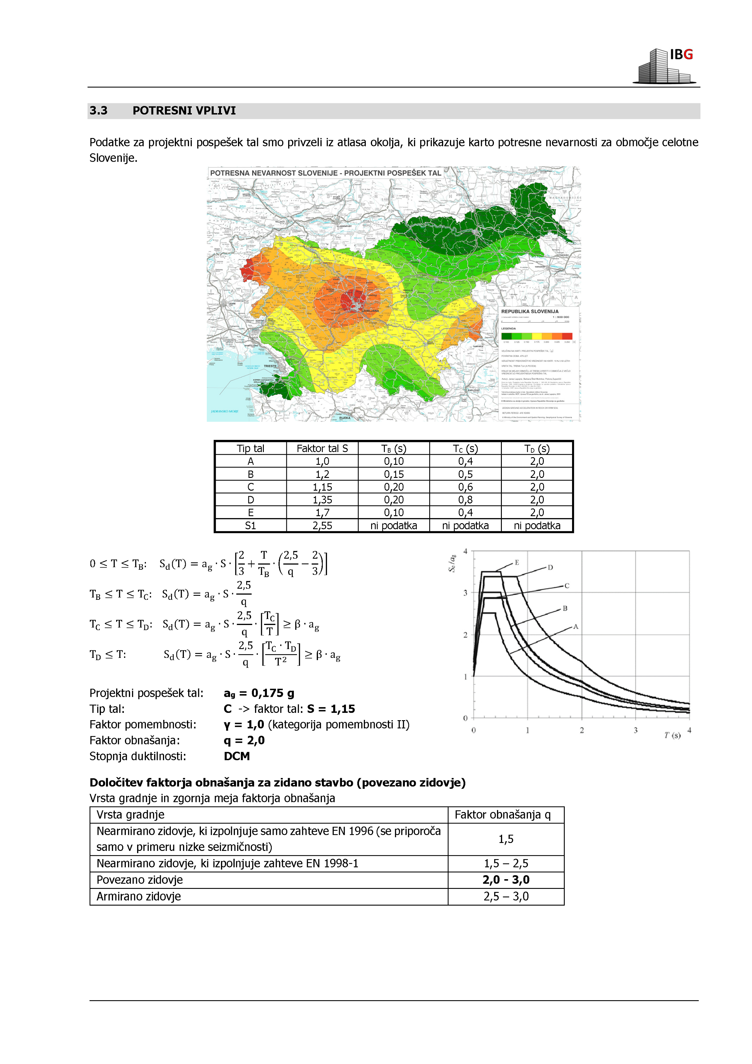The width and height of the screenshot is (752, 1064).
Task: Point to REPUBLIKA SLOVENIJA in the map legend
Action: pos(530,311)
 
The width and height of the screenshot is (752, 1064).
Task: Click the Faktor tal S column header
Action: pos(322,449)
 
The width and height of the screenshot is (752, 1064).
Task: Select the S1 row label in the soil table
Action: pos(250,526)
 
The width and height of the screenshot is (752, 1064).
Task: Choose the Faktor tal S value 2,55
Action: pos(322,526)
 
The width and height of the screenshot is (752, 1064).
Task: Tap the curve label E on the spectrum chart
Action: pos(517,563)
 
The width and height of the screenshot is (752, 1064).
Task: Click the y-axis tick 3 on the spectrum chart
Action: pos(465,593)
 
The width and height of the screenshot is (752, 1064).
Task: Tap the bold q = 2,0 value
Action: pos(244,741)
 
